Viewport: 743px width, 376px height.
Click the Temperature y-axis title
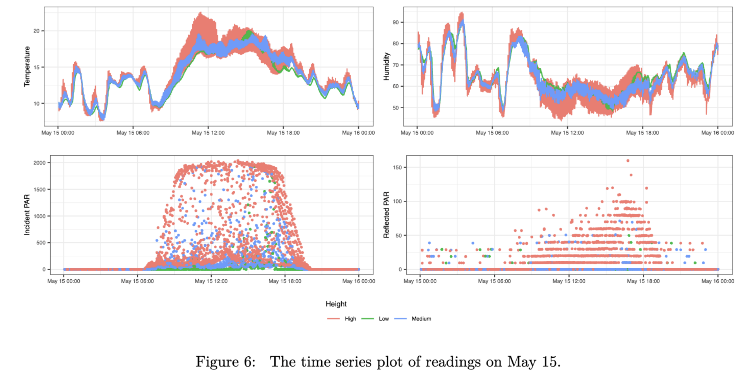click(27, 66)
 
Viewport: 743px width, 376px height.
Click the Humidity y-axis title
click(386, 67)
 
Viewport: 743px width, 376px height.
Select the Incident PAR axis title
click(27, 215)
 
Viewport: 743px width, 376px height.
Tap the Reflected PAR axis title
click(386, 215)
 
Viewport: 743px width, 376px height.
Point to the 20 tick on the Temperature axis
click(36, 31)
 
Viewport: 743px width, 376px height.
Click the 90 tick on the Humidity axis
click(395, 22)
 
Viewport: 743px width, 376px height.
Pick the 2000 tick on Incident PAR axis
click(39, 163)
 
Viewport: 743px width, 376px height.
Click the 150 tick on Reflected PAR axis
click(397, 167)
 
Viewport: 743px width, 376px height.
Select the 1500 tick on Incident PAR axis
click(39, 190)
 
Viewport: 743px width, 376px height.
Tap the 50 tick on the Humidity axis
click(395, 108)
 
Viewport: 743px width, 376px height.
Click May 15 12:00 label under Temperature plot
click(208, 133)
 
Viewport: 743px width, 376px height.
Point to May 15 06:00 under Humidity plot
click(492, 133)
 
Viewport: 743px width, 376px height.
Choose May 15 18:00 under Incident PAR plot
click(285, 281)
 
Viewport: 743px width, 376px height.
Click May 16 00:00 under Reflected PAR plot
click(717, 281)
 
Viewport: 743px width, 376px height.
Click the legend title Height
click(336, 304)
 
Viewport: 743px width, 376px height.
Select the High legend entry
click(350, 319)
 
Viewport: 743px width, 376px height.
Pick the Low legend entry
click(383, 319)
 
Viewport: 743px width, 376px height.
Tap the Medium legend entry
click(421, 319)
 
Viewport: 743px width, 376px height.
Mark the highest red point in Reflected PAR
click(628, 161)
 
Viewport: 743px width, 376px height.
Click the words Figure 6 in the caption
click(226, 362)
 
